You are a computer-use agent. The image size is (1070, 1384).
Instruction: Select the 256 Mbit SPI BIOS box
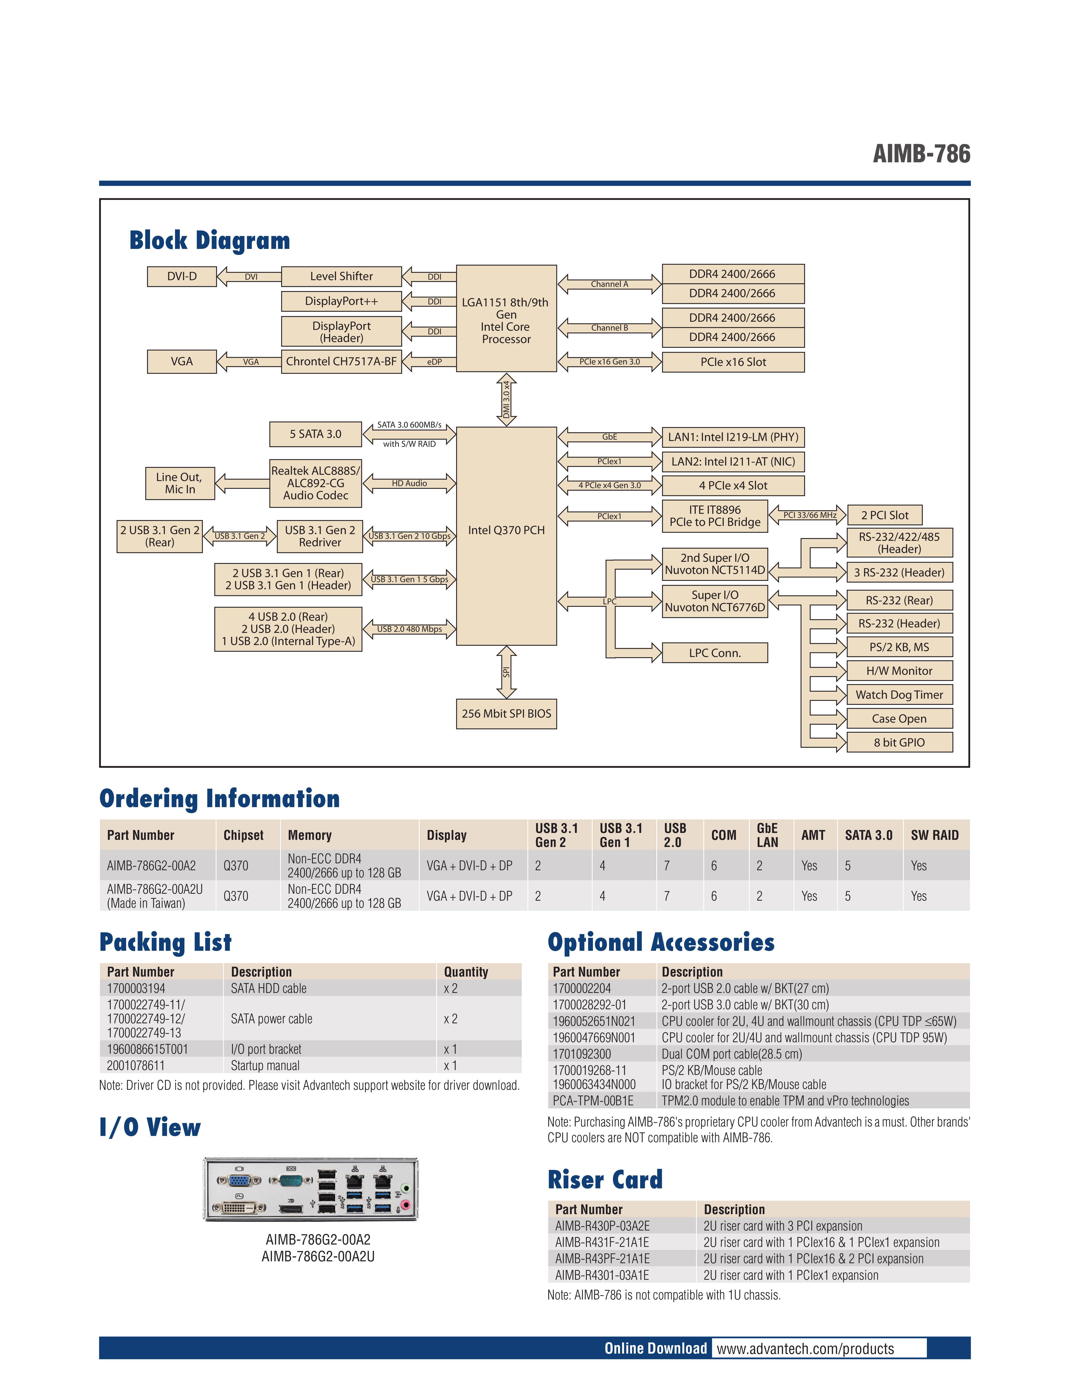[506, 714]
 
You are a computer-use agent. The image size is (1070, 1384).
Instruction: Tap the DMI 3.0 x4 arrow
[506, 399]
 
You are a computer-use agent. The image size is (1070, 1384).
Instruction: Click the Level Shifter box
[341, 276]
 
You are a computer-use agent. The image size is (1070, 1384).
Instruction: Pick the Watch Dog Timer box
[899, 695]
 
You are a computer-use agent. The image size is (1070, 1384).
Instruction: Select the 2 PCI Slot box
[884, 515]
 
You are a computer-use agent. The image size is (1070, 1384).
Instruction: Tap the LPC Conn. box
[714, 653]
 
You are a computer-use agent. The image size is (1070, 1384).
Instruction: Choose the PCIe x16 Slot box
[733, 362]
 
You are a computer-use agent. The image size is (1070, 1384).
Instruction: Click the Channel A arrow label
[609, 284]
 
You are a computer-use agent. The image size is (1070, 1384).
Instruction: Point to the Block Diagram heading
[209, 241]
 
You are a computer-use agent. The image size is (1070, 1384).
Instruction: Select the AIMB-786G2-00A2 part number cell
[151, 866]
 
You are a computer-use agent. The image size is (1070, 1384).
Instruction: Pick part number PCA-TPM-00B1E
[593, 1101]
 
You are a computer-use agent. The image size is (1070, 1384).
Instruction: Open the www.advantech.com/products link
[805, 1349]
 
